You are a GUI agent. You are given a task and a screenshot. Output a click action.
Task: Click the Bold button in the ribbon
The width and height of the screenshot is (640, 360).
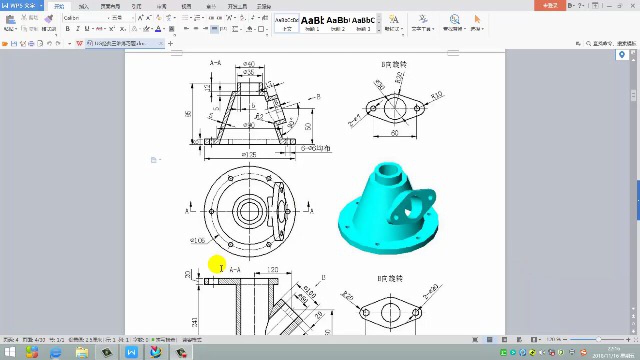coord(67,29)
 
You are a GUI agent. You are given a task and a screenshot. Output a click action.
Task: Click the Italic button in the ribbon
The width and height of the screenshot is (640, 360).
coord(77,29)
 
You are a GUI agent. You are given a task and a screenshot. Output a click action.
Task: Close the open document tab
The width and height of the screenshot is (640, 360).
coord(160,44)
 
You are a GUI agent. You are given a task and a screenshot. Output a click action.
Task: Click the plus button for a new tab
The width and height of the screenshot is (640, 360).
coord(170,44)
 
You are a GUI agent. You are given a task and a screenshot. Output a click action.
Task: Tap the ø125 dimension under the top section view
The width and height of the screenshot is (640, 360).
coord(248,155)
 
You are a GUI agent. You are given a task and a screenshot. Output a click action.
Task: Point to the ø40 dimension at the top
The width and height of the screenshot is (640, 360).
coord(248,63)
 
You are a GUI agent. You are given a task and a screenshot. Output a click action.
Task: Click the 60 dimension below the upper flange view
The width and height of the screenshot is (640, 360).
coord(394,133)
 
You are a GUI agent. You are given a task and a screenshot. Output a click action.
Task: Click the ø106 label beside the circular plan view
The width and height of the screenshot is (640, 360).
coord(197,241)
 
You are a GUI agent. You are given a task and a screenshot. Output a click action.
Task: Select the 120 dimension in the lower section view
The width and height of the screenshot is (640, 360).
coord(272,269)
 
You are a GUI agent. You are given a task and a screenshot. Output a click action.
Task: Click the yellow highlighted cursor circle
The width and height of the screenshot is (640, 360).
coord(216,265)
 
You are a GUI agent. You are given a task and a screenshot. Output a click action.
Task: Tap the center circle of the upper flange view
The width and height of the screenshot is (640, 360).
coord(395,106)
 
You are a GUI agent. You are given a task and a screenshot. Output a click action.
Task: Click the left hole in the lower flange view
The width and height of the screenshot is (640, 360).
coord(365,312)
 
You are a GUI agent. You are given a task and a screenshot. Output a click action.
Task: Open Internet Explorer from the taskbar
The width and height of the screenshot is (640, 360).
coord(55,352)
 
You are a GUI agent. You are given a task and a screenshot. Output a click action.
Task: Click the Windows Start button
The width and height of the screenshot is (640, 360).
coord(9,352)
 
